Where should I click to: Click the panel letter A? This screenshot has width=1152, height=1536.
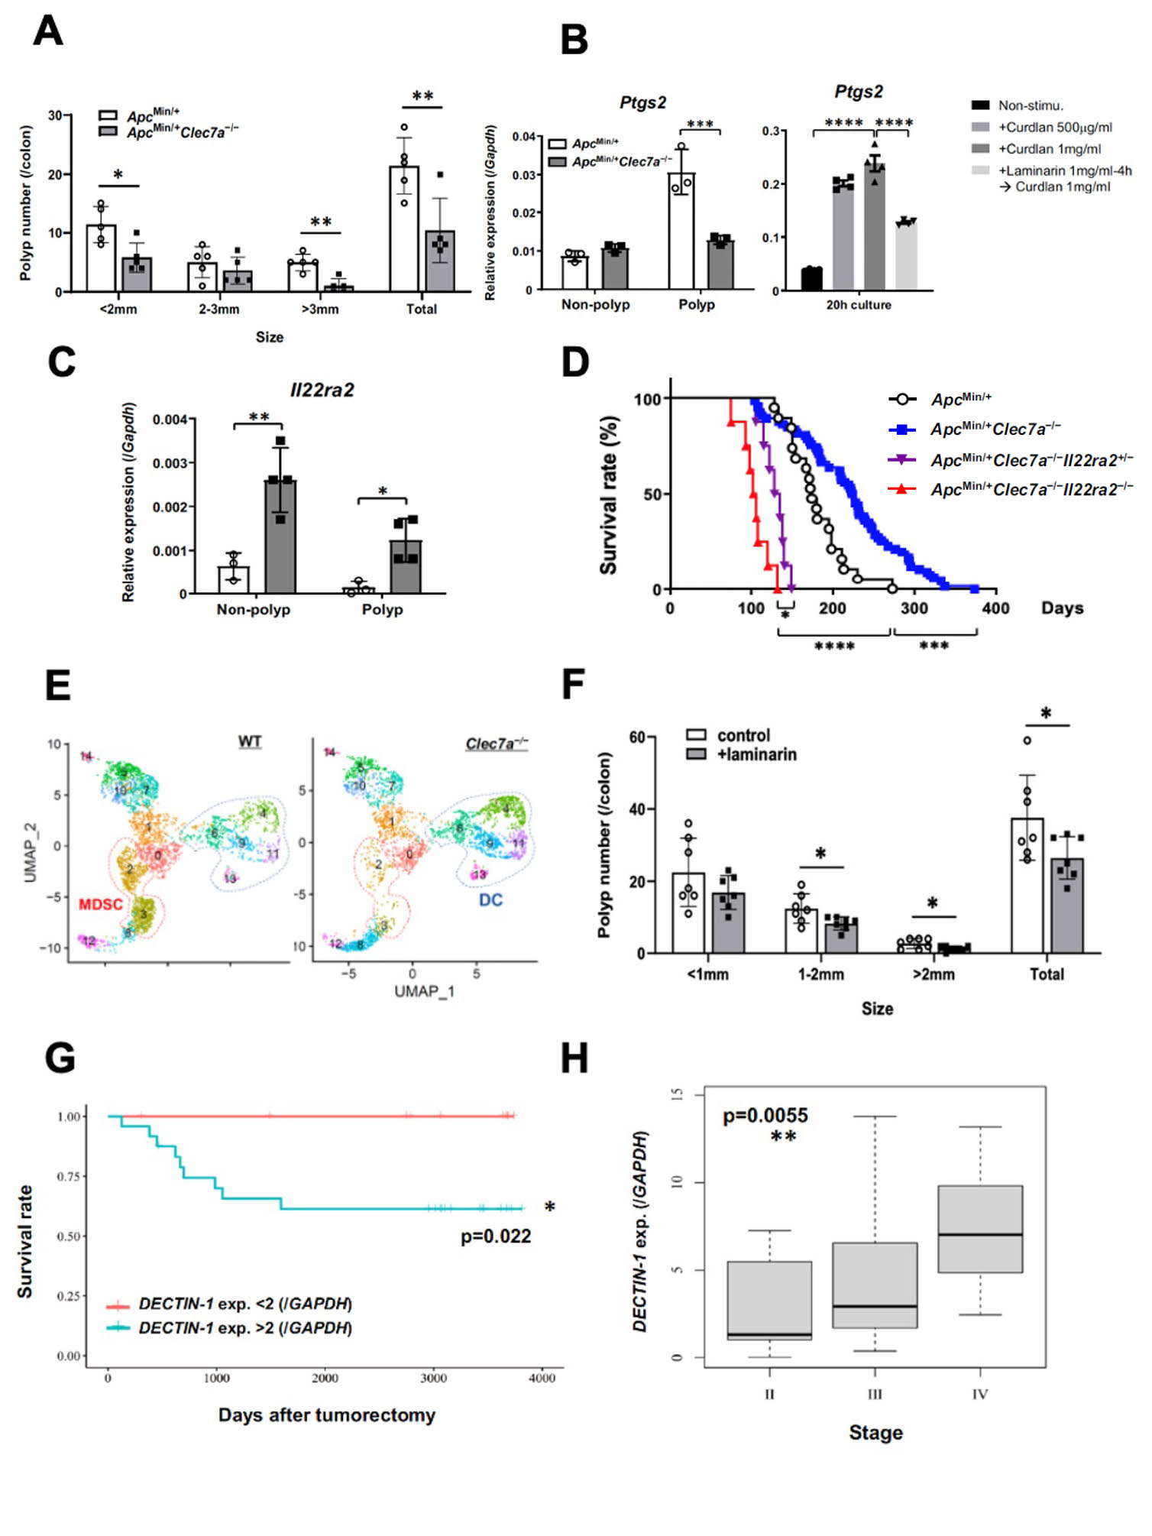[x=47, y=31]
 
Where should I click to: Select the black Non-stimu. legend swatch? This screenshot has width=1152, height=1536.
[x=980, y=105]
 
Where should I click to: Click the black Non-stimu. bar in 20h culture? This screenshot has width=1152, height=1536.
[x=811, y=279]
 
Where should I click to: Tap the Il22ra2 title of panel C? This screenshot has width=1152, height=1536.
[x=322, y=390]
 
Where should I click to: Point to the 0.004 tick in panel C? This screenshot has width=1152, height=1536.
[x=170, y=420]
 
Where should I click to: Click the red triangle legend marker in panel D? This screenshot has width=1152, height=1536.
[x=901, y=489]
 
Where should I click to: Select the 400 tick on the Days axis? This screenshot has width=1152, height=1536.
[x=995, y=608]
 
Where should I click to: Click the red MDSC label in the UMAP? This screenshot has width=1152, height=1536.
[x=100, y=905]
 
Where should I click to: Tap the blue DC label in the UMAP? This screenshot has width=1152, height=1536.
[x=490, y=900]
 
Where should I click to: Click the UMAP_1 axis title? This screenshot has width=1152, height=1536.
[x=424, y=991]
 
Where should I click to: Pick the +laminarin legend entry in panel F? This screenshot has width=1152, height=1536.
[x=756, y=755]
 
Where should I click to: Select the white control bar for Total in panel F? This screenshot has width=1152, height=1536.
[x=1027, y=886]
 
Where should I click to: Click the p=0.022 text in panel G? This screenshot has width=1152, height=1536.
[x=495, y=1236]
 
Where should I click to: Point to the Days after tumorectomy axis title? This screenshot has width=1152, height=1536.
[x=326, y=1415]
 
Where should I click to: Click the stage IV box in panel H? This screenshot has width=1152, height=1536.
[x=979, y=1230]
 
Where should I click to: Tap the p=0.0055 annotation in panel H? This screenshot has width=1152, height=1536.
[x=765, y=1116]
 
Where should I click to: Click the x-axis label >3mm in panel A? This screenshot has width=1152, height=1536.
[x=320, y=309]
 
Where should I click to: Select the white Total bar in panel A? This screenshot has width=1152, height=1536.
[x=404, y=228]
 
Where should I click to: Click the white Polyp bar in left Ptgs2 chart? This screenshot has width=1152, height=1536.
[x=681, y=232]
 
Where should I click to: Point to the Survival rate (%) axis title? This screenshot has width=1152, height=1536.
[x=608, y=495]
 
